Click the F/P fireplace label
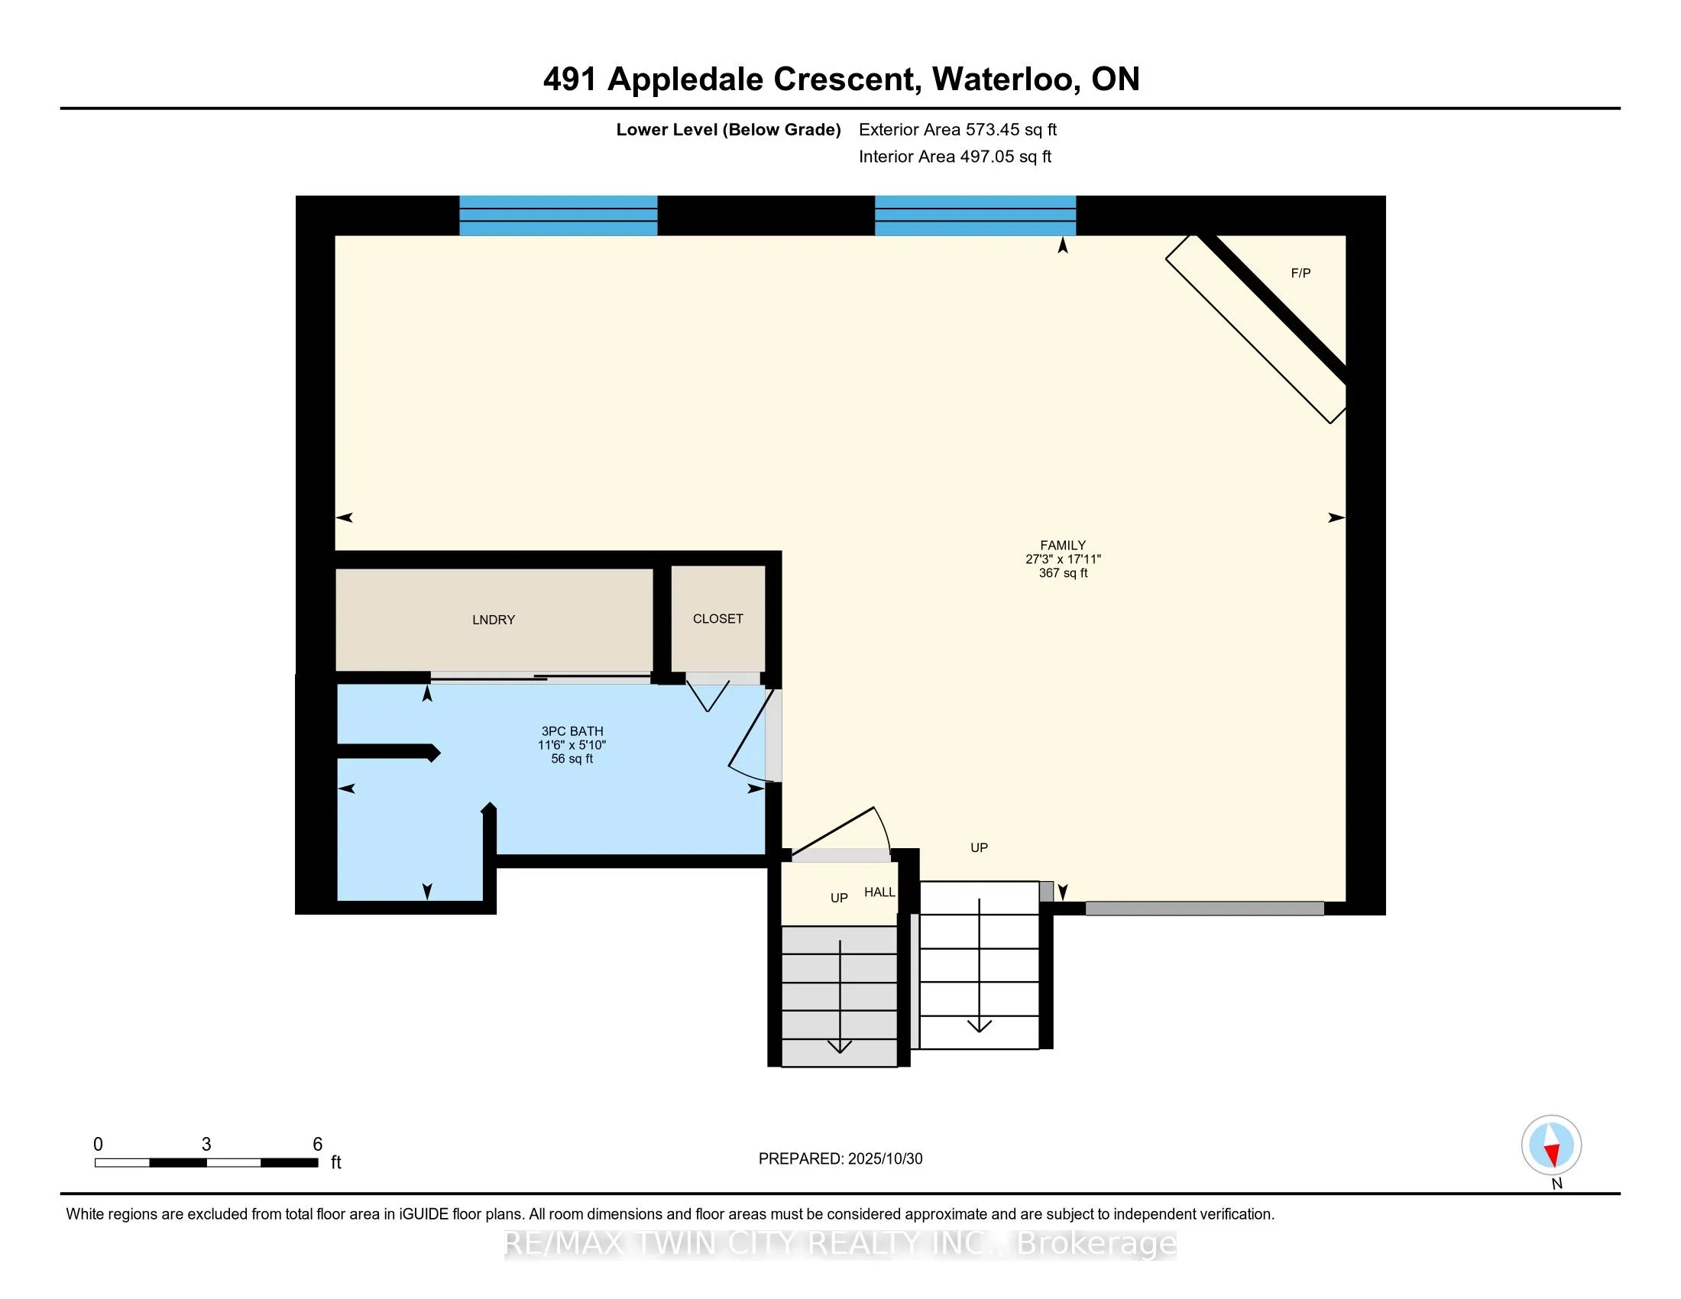pos(1300,274)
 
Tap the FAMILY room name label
pos(1062,545)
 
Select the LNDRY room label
pos(494,620)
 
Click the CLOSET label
pos(717,619)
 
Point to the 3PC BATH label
pos(572,731)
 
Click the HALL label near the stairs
pos(879,892)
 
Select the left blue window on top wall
pos(558,215)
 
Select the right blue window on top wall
pos(975,215)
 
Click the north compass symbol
pos(1551,1145)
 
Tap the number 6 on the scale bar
pos(317,1144)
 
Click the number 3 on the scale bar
pos(206,1144)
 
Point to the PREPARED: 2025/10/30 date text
pos(840,1158)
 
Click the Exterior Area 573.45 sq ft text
pos(957,129)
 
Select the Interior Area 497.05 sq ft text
pos(954,156)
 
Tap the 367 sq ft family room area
pos(1062,572)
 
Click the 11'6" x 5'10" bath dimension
pos(572,745)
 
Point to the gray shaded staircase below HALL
pos(839,996)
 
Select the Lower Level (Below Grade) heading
pos(728,129)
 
